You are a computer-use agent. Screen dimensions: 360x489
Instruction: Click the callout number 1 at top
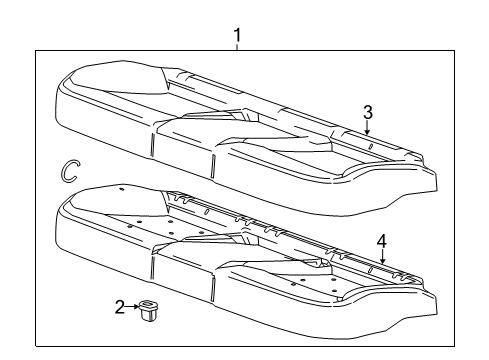[238, 38]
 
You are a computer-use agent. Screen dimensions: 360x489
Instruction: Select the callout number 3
[367, 111]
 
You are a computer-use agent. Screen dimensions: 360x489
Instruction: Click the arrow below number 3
[367, 127]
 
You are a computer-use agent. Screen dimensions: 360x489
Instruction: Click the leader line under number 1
[238, 49]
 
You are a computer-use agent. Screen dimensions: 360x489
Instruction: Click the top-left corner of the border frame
[37, 50]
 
